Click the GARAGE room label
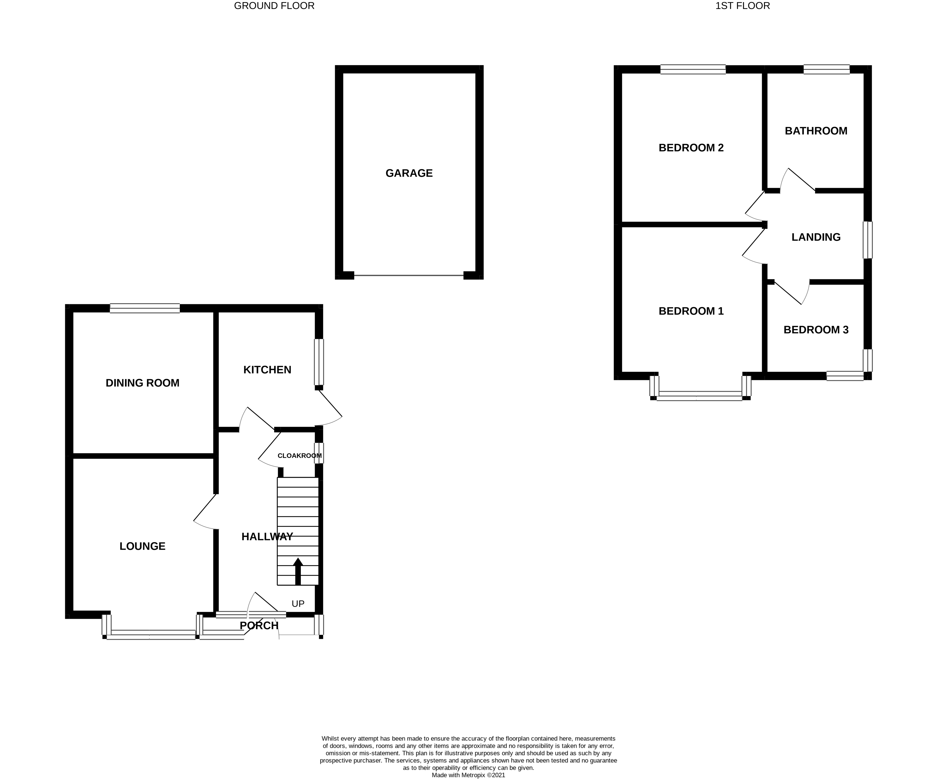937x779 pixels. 409,173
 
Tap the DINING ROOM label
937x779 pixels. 142,383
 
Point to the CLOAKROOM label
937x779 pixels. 300,456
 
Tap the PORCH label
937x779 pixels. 259,626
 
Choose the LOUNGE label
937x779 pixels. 142,546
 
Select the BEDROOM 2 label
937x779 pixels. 691,148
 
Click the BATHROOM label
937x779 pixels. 816,131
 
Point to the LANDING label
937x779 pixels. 816,237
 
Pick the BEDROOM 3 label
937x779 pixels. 816,330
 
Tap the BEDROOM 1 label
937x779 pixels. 691,311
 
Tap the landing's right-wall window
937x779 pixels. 867,240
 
